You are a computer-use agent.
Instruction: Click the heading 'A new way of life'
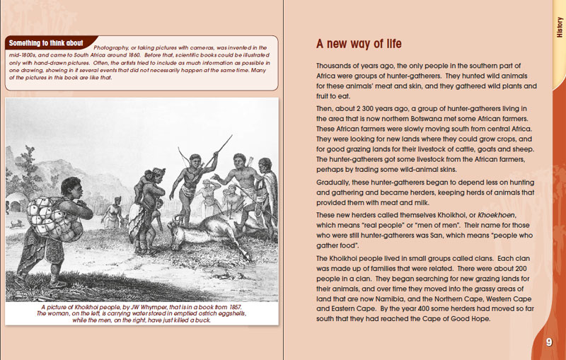click(359, 45)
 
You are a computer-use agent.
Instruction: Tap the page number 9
click(548, 343)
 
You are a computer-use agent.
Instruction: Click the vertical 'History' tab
click(558, 28)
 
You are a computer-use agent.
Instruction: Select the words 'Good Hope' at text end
click(464, 318)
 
